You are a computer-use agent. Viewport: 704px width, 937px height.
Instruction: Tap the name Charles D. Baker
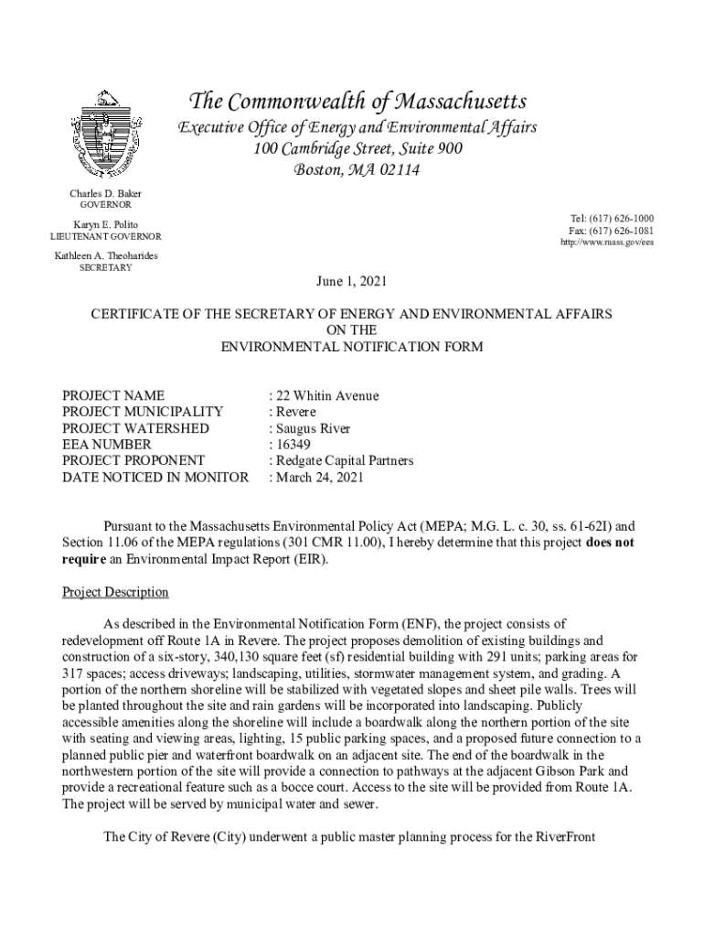106,194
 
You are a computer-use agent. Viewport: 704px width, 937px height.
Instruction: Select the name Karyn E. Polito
106,225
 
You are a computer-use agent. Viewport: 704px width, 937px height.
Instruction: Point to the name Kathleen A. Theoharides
106,256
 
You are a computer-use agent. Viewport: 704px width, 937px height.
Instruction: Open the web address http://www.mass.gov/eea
607,242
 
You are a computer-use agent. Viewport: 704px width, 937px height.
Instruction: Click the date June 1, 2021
352,281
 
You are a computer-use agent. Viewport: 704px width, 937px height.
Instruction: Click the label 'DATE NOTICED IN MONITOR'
155,477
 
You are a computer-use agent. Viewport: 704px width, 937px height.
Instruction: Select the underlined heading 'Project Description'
115,592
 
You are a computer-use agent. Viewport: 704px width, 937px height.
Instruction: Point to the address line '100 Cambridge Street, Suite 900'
357,149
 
